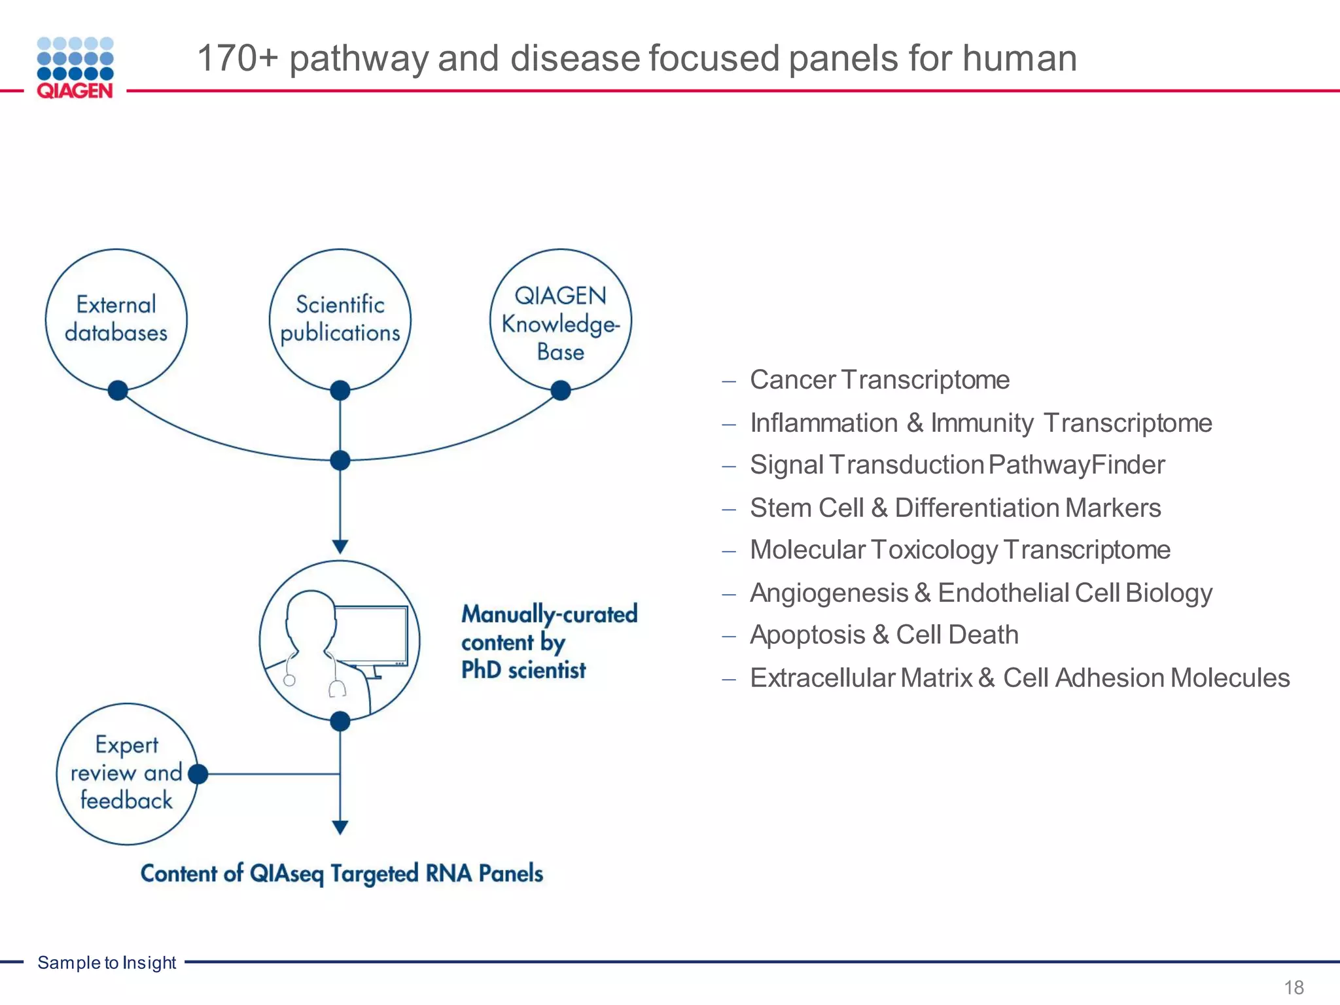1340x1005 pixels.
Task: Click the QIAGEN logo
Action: [x=75, y=68]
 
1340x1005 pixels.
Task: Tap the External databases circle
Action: [x=116, y=319]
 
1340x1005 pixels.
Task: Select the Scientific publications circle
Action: [x=340, y=319]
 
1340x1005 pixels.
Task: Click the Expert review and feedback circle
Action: [x=126, y=773]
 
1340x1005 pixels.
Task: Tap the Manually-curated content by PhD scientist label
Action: [x=548, y=642]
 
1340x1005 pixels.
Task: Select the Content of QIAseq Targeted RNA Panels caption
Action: [x=342, y=873]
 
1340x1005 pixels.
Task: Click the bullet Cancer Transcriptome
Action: [x=879, y=380]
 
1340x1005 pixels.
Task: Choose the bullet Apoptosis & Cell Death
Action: [x=884, y=635]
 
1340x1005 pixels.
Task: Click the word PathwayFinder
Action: [x=1076, y=465]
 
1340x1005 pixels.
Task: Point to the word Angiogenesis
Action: [x=829, y=593]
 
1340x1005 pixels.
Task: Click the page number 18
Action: [x=1294, y=987]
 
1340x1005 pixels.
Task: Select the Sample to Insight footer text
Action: [x=107, y=962]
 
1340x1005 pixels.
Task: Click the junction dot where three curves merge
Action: [x=340, y=461]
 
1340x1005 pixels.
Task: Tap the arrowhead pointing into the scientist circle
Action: [x=340, y=546]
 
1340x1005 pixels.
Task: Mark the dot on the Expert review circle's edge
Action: [x=198, y=774]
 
